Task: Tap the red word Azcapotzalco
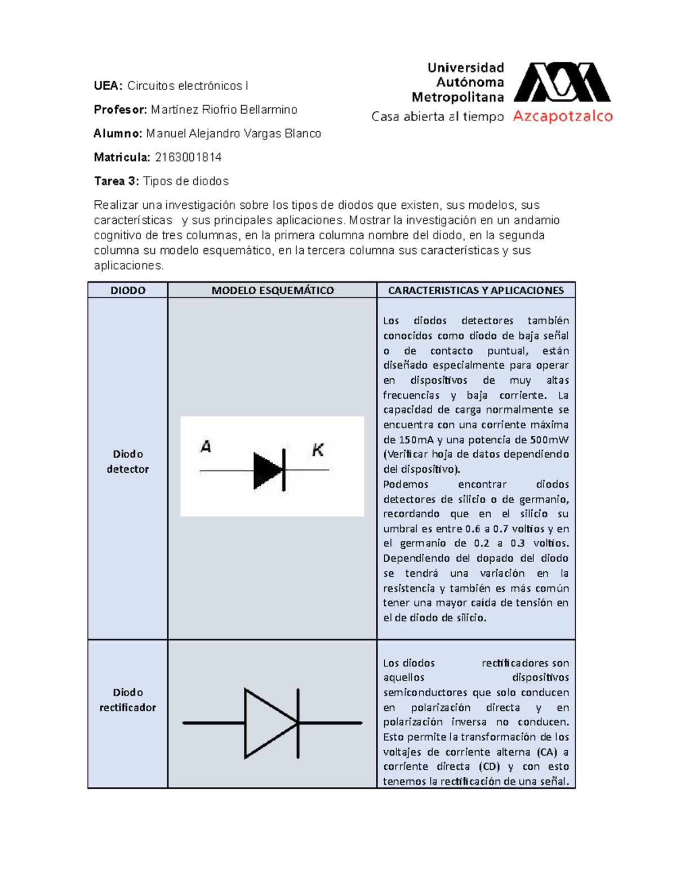[562, 116]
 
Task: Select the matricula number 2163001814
[188, 158]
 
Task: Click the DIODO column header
[128, 290]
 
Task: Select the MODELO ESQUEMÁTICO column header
[273, 290]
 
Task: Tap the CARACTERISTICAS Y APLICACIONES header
[476, 290]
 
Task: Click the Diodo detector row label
[128, 461]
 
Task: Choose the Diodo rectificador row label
[128, 700]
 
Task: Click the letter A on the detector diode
[206, 447]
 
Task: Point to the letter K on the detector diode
[318, 450]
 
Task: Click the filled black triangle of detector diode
[268, 469]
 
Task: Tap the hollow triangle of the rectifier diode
[268, 723]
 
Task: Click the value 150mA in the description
[416, 440]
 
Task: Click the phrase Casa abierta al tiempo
[437, 117]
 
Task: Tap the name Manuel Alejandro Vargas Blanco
[233, 134]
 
